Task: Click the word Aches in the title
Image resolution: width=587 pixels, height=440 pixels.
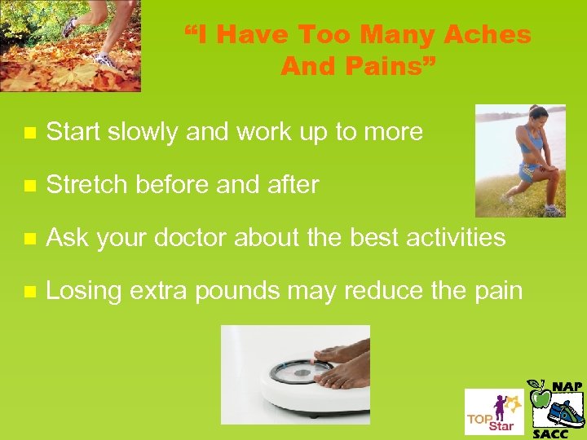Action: click(x=487, y=35)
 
